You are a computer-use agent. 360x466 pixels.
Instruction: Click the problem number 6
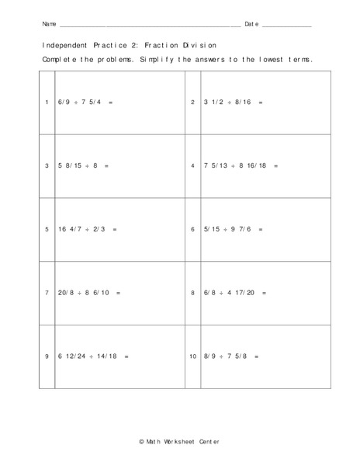coord(193,229)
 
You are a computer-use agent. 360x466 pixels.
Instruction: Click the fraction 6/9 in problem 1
coord(64,103)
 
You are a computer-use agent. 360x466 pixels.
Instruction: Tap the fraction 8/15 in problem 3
coord(74,166)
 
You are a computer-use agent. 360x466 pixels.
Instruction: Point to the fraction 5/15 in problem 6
coord(212,229)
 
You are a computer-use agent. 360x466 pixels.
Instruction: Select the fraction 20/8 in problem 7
coord(65,293)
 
